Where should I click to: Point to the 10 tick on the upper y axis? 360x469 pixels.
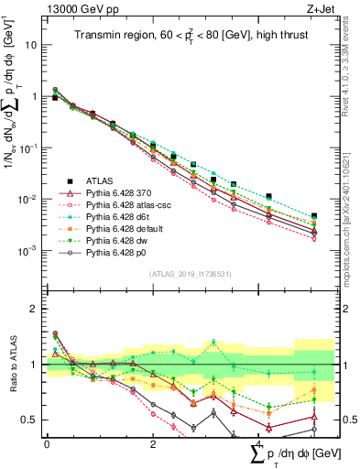[33, 44]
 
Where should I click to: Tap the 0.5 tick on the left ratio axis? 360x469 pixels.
[31, 420]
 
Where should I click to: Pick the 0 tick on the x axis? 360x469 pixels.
[47, 444]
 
